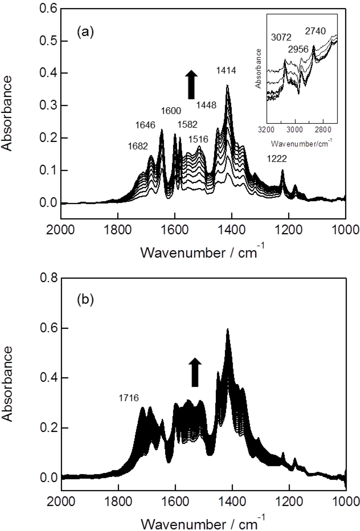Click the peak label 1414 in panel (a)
pyautogui.click(x=226, y=71)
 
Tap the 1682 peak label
pyautogui.click(x=138, y=146)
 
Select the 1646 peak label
pyautogui.click(x=145, y=125)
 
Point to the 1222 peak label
pyautogui.click(x=277, y=159)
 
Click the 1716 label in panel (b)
pyautogui.click(x=129, y=398)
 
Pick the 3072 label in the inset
pyautogui.click(x=281, y=37)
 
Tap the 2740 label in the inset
pyautogui.click(x=316, y=31)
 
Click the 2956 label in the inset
pyautogui.click(x=298, y=49)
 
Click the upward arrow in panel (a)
pyautogui.click(x=191, y=84)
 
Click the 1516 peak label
pyautogui.click(x=198, y=139)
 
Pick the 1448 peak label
pyautogui.click(x=206, y=105)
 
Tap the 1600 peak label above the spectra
pyautogui.click(x=171, y=111)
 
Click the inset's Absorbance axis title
pyautogui.click(x=259, y=69)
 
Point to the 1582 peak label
pyautogui.click(x=187, y=124)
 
